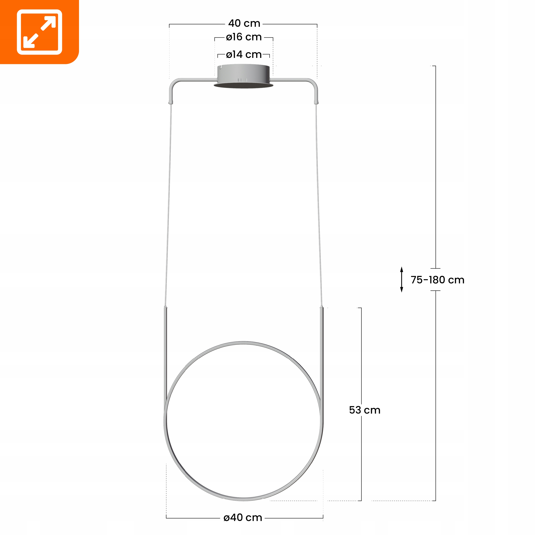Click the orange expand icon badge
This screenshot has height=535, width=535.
39,32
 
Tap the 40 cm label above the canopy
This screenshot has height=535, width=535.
244,23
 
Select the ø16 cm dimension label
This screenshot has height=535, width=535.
244,37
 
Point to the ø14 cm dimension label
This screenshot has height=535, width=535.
244,54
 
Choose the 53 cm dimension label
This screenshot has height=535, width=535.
365,410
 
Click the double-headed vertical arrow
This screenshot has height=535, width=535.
401,279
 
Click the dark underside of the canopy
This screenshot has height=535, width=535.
244,85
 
